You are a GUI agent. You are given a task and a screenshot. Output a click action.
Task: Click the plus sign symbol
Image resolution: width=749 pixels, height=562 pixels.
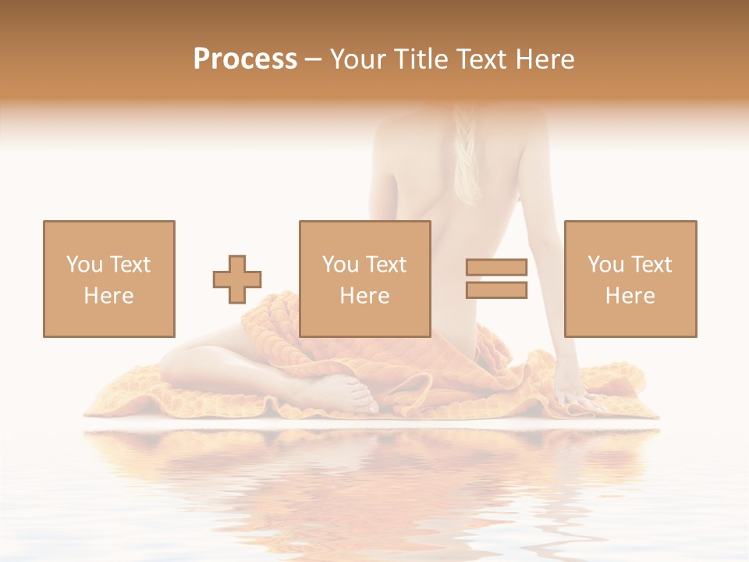click(x=237, y=279)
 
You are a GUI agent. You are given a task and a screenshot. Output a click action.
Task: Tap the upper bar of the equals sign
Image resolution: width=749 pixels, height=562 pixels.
click(x=496, y=268)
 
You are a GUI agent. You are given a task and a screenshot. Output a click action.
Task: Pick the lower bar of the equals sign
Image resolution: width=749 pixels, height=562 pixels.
click(x=496, y=290)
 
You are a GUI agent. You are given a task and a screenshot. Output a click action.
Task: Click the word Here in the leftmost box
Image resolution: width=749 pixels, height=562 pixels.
click(x=108, y=296)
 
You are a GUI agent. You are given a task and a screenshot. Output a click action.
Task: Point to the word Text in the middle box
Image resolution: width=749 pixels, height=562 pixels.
click(x=387, y=265)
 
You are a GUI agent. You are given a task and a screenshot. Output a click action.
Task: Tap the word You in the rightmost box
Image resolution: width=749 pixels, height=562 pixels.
click(x=605, y=265)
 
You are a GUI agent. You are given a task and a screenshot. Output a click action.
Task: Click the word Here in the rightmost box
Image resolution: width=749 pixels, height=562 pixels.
click(x=630, y=296)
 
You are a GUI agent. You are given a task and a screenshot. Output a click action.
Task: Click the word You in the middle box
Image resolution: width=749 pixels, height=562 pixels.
click(x=340, y=265)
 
